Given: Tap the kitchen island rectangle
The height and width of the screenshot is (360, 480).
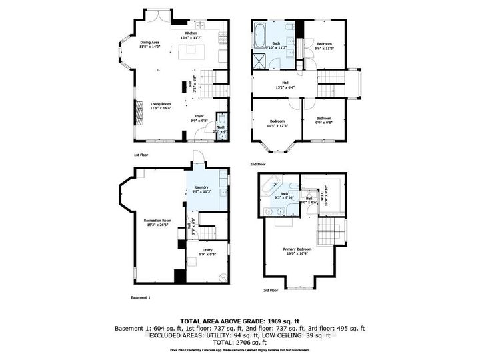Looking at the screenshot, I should coord(193,50).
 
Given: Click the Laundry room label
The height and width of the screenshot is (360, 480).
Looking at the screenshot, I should coord(202,189).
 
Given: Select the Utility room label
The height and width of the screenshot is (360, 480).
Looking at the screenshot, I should coord(207,252).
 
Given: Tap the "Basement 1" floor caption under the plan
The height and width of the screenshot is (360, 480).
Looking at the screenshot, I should coord(141,297).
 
